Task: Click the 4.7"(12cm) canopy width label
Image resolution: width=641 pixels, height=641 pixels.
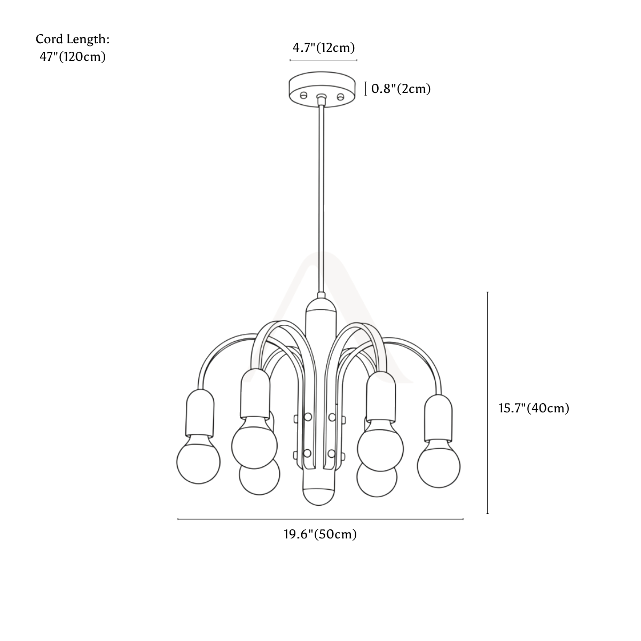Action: (x=323, y=48)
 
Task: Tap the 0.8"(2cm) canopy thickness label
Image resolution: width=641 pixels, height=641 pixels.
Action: (x=401, y=89)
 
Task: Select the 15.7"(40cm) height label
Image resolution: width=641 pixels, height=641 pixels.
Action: (x=534, y=408)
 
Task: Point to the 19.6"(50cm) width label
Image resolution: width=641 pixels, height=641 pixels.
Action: (x=320, y=534)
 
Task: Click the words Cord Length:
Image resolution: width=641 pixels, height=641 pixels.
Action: (x=73, y=40)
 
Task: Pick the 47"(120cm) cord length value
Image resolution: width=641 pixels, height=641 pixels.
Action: (x=73, y=57)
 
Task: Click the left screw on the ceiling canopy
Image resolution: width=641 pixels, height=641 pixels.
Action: (x=303, y=96)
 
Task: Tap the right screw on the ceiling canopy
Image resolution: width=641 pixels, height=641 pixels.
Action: (x=340, y=97)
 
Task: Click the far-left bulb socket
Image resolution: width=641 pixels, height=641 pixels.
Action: (x=200, y=413)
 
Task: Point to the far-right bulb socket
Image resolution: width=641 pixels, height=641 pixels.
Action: (x=438, y=418)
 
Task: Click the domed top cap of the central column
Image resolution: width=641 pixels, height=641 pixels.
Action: (x=321, y=306)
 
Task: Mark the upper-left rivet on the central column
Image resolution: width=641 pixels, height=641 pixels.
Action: (x=308, y=417)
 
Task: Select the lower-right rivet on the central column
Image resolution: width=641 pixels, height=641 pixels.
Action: (x=331, y=453)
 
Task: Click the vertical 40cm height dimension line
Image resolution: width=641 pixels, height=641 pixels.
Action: (x=487, y=403)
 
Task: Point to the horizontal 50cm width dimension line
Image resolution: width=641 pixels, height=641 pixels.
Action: (x=320, y=519)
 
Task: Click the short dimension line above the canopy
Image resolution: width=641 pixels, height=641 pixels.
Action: (x=323, y=60)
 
